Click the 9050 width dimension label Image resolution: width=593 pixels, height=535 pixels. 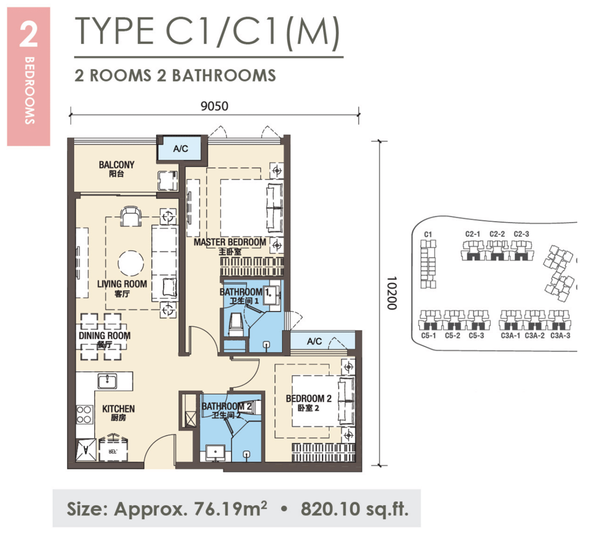click(215, 106)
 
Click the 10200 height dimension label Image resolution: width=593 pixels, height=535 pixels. click(391, 293)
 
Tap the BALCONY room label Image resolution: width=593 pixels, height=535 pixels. click(116, 165)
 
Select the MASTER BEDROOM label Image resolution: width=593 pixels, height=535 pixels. click(230, 242)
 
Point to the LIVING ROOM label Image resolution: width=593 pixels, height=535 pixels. click(122, 284)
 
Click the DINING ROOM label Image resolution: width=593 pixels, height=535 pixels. click(105, 335)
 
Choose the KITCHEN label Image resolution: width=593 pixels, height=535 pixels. click(118, 409)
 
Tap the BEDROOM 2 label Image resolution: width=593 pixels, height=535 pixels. click(308, 399)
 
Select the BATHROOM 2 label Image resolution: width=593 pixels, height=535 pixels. click(226, 407)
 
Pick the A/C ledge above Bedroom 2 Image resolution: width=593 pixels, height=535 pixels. click(314, 341)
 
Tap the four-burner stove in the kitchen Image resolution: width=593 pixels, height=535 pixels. click(84, 414)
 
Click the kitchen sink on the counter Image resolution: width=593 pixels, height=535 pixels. click(107, 381)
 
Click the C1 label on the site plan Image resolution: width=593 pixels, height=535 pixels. click(429, 234)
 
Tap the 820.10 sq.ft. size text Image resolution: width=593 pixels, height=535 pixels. click(354, 509)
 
